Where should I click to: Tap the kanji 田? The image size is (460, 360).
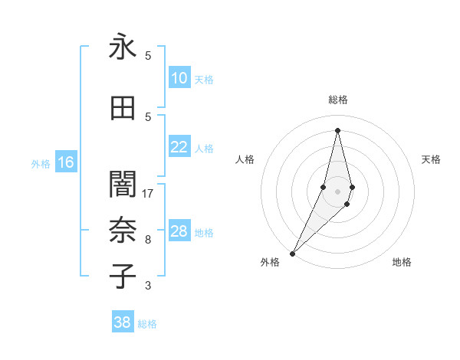[x=123, y=109]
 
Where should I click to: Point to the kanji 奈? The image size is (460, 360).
[x=123, y=231]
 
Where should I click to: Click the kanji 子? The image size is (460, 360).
[x=123, y=277]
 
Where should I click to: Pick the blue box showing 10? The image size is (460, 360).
[x=179, y=78]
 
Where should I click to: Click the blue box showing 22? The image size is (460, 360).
[x=179, y=147]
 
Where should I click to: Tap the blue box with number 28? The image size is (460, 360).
[x=179, y=231]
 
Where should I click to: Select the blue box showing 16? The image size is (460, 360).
[x=66, y=162]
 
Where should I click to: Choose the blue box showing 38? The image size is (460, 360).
[x=123, y=322]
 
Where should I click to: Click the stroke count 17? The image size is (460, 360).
[x=148, y=194]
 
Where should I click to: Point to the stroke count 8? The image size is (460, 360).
[x=148, y=240]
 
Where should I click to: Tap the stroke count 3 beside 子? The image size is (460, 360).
[x=148, y=286]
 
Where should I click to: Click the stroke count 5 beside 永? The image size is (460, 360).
[x=148, y=56]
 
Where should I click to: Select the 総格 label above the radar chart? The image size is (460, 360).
[x=337, y=100]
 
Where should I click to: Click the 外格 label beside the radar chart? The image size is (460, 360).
[x=270, y=262]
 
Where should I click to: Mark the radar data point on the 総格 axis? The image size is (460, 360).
[x=337, y=130]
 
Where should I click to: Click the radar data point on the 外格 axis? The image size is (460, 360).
[x=292, y=253]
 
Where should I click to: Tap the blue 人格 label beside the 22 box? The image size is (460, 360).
[x=204, y=148]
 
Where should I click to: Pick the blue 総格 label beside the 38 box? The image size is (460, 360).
[x=147, y=324]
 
